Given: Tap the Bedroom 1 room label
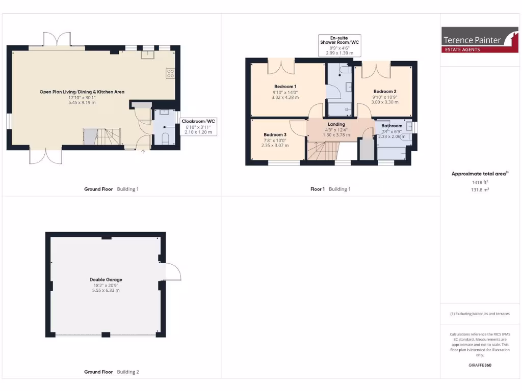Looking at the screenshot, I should coord(285,87).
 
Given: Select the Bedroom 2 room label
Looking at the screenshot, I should coord(384,92).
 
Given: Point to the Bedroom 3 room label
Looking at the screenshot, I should coord(275,134).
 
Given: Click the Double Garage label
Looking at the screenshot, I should coord(106,280).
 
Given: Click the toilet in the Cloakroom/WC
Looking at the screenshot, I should coord(165,138).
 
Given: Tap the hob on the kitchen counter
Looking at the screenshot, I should coord(170,73).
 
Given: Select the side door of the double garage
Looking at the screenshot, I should coord(170,272).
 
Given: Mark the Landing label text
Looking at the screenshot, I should coord(336,124).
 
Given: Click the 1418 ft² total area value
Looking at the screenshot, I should coord(479,182).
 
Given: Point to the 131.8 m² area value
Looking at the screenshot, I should coord(479,189).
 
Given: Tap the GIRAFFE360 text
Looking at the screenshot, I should coord(479,365).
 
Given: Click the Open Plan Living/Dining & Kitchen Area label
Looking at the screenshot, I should coord(82,92).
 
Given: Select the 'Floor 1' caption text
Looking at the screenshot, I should coord(318,189).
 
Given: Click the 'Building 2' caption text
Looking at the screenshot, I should coord(127,372).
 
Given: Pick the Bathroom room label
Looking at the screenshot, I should coord(392,126).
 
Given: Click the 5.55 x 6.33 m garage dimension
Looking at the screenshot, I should coord(106,291).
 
